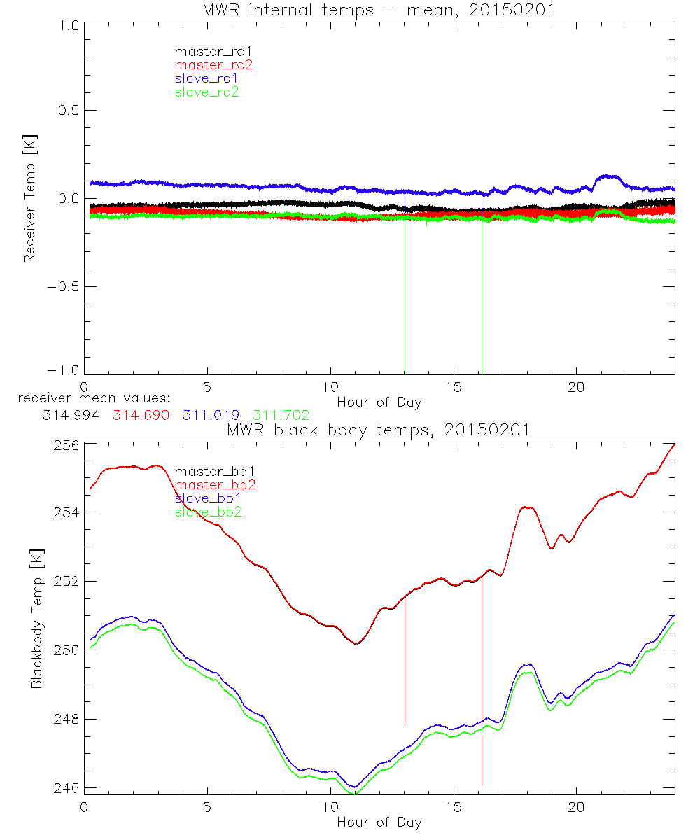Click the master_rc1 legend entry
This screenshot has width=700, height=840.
(x=206, y=51)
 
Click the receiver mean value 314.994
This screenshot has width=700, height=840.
(x=71, y=415)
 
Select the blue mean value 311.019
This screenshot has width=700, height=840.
(x=211, y=415)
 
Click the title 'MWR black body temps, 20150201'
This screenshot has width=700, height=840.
(x=379, y=430)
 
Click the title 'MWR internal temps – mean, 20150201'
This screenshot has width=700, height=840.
(x=379, y=10)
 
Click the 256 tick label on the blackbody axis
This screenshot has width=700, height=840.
(x=66, y=445)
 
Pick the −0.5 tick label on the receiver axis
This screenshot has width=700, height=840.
(x=63, y=287)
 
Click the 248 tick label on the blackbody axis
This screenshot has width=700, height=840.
(x=66, y=720)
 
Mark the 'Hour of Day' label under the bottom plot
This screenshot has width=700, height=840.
(x=379, y=822)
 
